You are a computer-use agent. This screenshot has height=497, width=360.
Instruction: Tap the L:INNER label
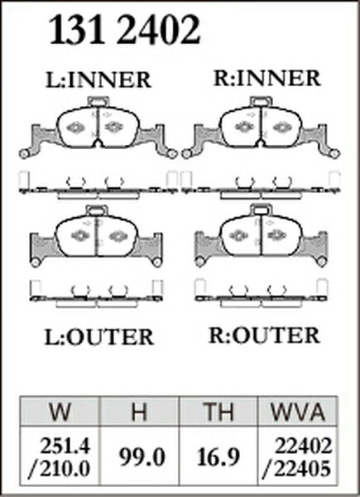point(98,80)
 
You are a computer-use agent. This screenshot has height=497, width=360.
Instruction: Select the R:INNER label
point(267,79)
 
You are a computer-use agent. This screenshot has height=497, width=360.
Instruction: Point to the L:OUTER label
point(98,337)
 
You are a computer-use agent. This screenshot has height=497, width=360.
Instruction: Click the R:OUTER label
point(264,335)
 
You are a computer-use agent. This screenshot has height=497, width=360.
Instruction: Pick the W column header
point(60,412)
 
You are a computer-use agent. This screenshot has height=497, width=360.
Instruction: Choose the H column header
point(139,412)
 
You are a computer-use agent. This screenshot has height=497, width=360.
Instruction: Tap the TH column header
point(218,412)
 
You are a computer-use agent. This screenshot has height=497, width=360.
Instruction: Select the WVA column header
point(298,412)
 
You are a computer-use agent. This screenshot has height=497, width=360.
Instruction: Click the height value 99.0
point(142,457)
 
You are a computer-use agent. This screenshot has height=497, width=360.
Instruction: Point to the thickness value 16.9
point(218,457)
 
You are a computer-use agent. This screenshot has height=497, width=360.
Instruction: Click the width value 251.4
point(65,446)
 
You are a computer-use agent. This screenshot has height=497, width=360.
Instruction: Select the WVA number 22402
point(304,446)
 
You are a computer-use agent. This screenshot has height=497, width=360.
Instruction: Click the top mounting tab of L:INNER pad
point(98,102)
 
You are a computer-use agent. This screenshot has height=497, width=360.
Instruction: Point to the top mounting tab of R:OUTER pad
point(262,210)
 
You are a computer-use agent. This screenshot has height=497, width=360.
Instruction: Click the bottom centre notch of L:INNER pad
point(98,143)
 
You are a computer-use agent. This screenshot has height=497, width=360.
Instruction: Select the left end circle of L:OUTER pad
point(35,263)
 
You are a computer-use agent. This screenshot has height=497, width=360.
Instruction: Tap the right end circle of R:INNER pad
point(334,154)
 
